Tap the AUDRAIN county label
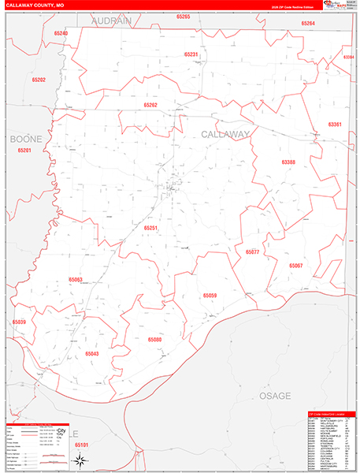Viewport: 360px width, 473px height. click(x=110, y=21)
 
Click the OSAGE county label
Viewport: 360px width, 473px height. click(x=276, y=395)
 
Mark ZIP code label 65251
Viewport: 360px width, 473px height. click(x=151, y=228)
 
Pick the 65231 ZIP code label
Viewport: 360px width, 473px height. click(x=191, y=54)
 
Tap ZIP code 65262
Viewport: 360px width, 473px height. click(x=150, y=105)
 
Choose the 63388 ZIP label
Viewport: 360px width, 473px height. click(x=288, y=162)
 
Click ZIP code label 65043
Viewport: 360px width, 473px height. click(x=91, y=354)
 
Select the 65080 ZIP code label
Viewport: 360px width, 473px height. click(x=154, y=339)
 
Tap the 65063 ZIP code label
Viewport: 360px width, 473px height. click(x=76, y=279)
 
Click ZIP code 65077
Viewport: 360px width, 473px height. click(x=253, y=252)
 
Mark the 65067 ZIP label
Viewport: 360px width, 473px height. click(x=296, y=266)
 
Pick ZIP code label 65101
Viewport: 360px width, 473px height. click(x=83, y=445)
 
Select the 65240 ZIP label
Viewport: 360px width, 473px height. click(x=61, y=34)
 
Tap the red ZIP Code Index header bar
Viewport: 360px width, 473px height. click(x=331, y=413)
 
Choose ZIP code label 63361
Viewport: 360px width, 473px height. click(x=335, y=125)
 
